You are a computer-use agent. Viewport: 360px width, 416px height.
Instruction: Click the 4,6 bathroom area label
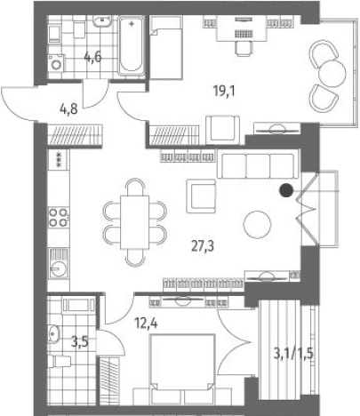click(92, 57)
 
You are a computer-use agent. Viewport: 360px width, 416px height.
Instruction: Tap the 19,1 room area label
click(224, 92)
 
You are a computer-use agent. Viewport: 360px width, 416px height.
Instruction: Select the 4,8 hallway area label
click(68, 109)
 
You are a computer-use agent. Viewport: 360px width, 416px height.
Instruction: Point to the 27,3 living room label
click(203, 246)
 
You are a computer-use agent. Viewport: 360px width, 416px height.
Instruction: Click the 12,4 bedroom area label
click(146, 323)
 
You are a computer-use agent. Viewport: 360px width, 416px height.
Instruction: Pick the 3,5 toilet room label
click(80, 342)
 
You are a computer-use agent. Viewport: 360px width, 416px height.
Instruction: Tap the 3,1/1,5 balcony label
click(293, 354)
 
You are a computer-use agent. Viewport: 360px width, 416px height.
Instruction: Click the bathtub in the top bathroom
click(132, 46)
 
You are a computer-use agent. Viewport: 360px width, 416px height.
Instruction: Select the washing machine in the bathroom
click(56, 63)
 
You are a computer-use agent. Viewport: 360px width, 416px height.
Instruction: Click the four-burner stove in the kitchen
click(59, 217)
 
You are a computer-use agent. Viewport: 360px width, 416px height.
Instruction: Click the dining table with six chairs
click(135, 222)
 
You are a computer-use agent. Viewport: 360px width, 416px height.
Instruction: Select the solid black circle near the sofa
click(286, 190)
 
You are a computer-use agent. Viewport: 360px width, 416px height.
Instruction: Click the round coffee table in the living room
click(257, 224)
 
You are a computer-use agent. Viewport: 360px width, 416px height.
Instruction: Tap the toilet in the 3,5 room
click(61, 362)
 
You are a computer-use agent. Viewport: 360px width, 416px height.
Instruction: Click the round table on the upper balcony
click(332, 74)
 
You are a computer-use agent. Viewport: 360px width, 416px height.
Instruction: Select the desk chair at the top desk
click(244, 48)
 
